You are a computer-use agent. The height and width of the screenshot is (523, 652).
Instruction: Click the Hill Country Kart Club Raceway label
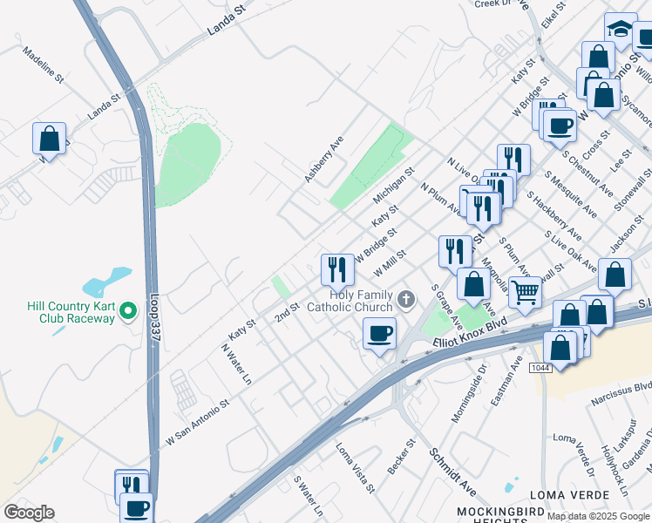(59, 312)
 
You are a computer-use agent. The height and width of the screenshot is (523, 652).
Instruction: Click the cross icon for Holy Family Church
(405, 301)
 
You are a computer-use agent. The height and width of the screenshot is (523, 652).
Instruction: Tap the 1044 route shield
(540, 368)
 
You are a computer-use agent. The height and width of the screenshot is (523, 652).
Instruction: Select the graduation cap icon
(621, 28)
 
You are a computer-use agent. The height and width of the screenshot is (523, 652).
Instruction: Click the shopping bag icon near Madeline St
(50, 139)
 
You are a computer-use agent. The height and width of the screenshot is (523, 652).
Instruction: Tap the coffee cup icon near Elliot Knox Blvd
(379, 333)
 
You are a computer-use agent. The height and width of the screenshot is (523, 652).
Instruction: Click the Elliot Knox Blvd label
(470, 335)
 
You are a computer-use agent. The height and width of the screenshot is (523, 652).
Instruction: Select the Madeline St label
(44, 65)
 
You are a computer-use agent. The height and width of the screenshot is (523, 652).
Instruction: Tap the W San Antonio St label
(197, 424)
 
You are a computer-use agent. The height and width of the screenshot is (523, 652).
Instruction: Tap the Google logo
(29, 513)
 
